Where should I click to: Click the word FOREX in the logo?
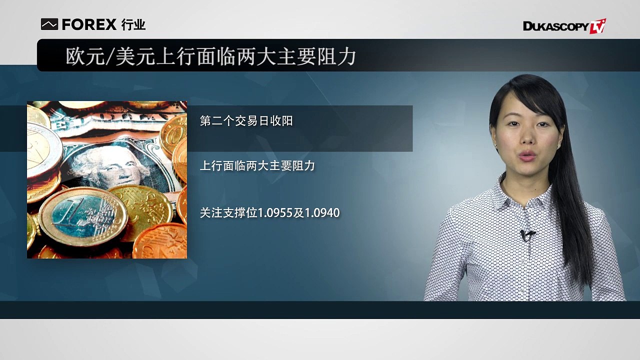(x=89, y=24)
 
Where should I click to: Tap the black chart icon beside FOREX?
(x=49, y=24)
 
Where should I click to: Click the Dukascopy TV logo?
(x=564, y=26)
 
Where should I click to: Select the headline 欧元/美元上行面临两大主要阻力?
(x=211, y=56)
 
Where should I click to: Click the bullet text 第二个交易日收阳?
(x=246, y=121)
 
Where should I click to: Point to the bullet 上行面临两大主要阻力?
(x=257, y=165)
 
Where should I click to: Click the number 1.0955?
(x=275, y=213)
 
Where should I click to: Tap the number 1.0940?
(x=322, y=213)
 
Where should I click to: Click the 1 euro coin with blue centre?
(x=83, y=216)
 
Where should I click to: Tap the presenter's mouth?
(x=527, y=156)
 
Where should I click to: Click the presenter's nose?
(x=527, y=136)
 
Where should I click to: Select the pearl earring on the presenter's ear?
(x=558, y=146)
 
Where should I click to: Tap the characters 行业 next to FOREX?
(x=133, y=24)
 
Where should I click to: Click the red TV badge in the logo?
(x=597, y=26)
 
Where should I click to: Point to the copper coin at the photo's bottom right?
(x=160, y=241)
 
